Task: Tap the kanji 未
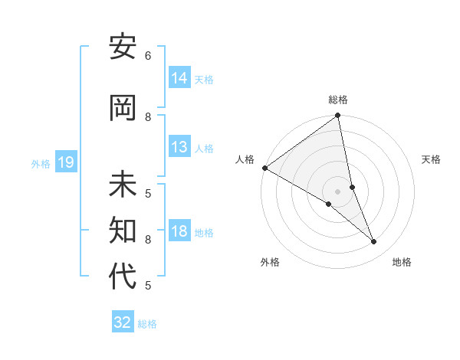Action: [123, 185]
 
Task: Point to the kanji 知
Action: [123, 230]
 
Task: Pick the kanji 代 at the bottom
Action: [123, 277]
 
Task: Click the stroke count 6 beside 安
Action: [148, 56]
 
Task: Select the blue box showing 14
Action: [179, 78]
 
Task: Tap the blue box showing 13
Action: [179, 147]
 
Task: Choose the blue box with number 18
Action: [179, 231]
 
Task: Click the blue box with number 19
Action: [66, 162]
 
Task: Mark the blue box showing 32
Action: [123, 322]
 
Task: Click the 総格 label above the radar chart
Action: [338, 100]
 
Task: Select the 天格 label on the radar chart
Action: [432, 159]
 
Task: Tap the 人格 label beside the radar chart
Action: [245, 159]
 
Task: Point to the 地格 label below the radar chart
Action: [402, 262]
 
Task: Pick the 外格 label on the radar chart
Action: [270, 262]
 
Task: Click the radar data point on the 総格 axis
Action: [337, 116]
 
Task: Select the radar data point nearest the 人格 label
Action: [264, 168]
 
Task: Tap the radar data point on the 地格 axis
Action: [374, 242]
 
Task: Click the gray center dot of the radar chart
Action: [337, 191]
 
